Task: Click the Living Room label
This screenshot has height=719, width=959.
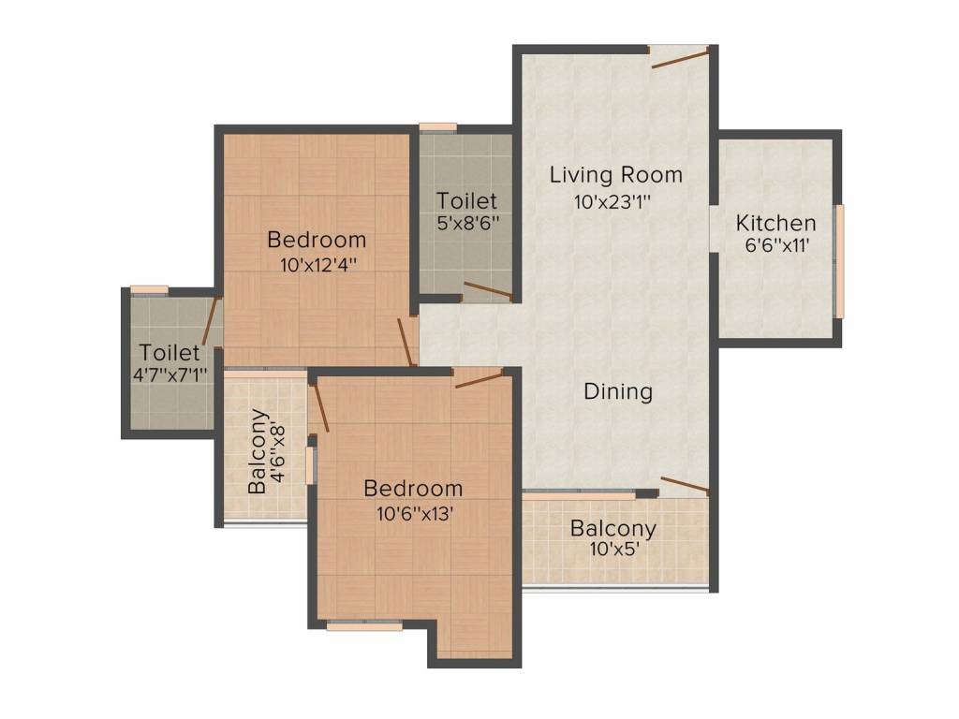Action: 616,175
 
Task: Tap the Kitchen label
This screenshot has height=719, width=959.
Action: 775,223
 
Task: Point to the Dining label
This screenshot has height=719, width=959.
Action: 618,391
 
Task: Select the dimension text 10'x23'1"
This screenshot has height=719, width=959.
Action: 612,201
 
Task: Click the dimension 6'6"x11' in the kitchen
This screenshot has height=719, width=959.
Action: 776,246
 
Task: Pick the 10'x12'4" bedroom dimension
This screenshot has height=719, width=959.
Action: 318,265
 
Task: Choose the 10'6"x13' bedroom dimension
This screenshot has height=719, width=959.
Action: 415,514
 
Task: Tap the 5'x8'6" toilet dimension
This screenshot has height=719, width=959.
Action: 468,223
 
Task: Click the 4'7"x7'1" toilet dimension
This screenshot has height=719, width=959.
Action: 170,374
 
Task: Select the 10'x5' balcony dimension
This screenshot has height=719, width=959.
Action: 614,549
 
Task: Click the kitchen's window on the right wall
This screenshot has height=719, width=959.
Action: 840,261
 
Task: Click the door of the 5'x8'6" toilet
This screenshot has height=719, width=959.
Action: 488,292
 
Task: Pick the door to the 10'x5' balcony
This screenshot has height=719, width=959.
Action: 686,486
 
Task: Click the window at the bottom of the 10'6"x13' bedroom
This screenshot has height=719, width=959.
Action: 364,625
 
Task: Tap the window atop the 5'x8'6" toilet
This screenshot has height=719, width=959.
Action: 438,127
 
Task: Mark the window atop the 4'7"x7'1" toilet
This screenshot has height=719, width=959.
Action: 150,290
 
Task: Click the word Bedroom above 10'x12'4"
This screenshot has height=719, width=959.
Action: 317,240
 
